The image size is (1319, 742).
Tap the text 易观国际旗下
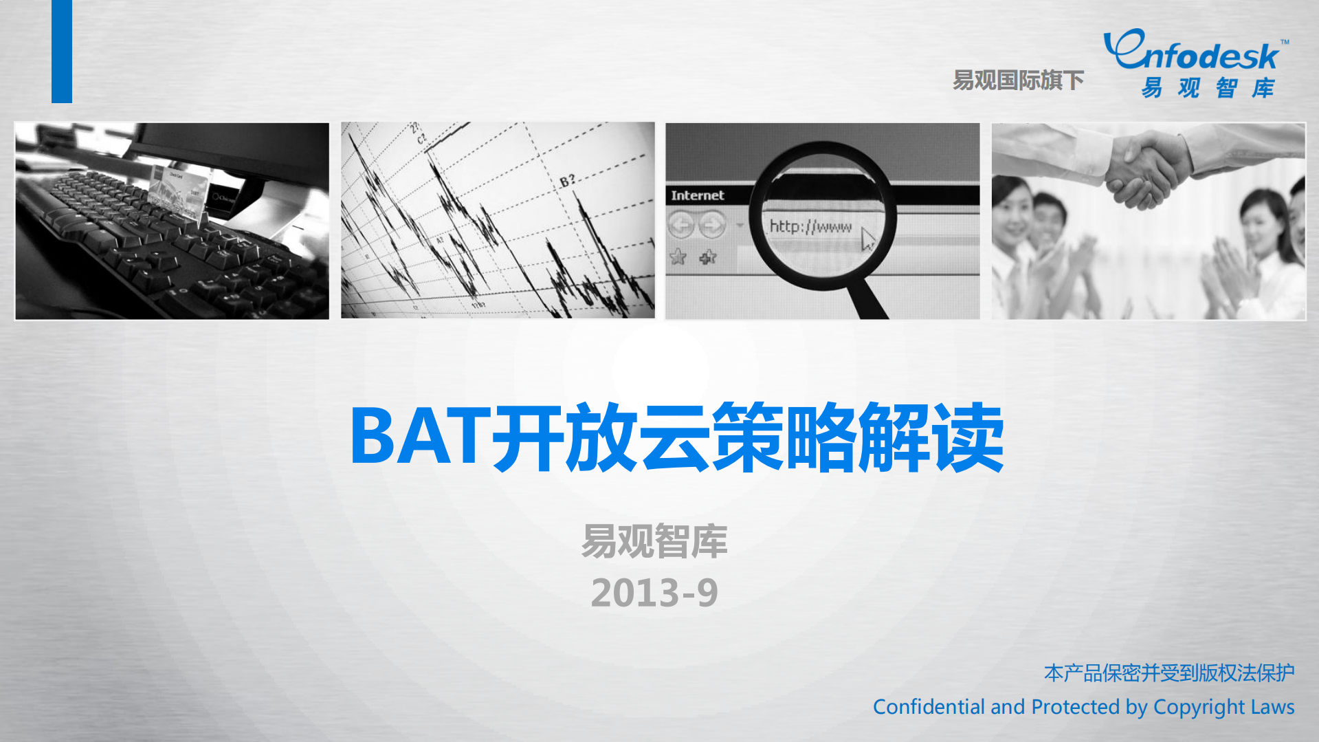[1018, 80]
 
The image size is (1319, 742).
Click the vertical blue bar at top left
[62, 51]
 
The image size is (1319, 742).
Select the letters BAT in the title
[419, 437]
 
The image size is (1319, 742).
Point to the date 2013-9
[654, 593]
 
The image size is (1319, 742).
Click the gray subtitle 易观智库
[654, 541]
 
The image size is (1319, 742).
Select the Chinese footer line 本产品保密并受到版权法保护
[1168, 673]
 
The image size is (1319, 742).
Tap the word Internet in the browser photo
[697, 195]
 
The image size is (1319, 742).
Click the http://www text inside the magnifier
[810, 226]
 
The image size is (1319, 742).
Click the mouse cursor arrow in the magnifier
[867, 239]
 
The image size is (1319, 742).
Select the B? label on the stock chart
[567, 181]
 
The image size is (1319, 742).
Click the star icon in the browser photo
[678, 257]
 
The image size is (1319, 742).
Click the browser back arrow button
[681, 224]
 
